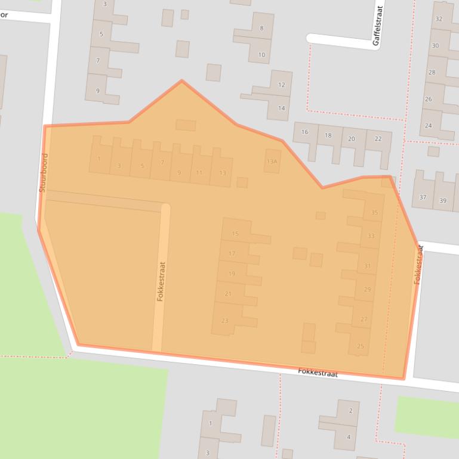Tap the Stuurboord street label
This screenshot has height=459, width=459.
pos(42,173)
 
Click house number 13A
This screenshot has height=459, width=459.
pos(272,162)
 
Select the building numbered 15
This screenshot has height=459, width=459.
pos(235,234)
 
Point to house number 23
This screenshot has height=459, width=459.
pos(224,321)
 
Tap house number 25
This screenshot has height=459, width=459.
pos(360,346)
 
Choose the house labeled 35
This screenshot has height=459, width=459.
pos(374,213)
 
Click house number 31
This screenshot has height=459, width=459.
pos(367,266)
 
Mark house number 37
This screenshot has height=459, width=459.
pos(423,197)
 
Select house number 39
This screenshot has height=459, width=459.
pos(442,201)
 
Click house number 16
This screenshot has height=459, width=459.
pos(305,132)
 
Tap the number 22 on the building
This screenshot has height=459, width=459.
pos(378,139)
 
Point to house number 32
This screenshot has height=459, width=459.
pos(439,19)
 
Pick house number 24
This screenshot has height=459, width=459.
pos(428,126)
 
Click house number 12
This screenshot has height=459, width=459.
pos(281,85)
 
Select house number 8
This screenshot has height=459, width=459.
pos(261,28)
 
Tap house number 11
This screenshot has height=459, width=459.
pos(199,173)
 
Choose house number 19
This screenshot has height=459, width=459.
pos(232,274)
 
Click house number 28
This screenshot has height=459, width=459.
pos(432,72)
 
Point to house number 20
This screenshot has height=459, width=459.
pos(351,139)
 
